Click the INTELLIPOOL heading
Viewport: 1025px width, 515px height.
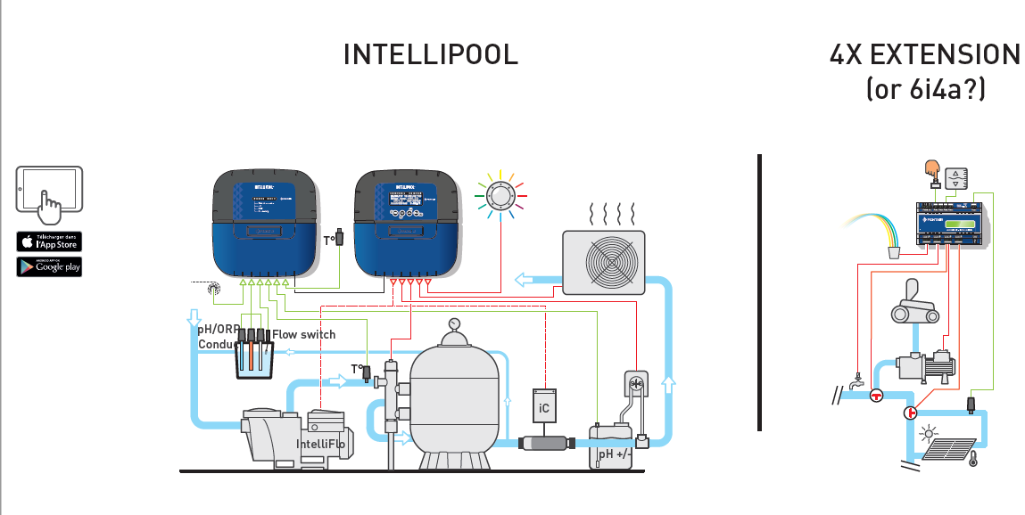coord(430,54)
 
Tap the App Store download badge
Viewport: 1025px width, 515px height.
coord(49,241)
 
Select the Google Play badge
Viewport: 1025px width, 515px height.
coord(49,266)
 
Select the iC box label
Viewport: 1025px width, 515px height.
coord(544,409)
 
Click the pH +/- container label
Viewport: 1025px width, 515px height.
coord(615,454)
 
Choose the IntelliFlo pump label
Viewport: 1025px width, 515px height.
coord(320,444)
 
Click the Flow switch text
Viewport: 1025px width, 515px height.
coord(304,334)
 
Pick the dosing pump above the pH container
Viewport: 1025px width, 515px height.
coord(636,386)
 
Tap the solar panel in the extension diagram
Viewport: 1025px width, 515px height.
coord(949,448)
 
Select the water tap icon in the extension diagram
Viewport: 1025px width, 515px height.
coord(856,380)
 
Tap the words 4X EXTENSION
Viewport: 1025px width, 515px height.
coord(924,55)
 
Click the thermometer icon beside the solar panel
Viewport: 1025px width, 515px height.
coord(972,458)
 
